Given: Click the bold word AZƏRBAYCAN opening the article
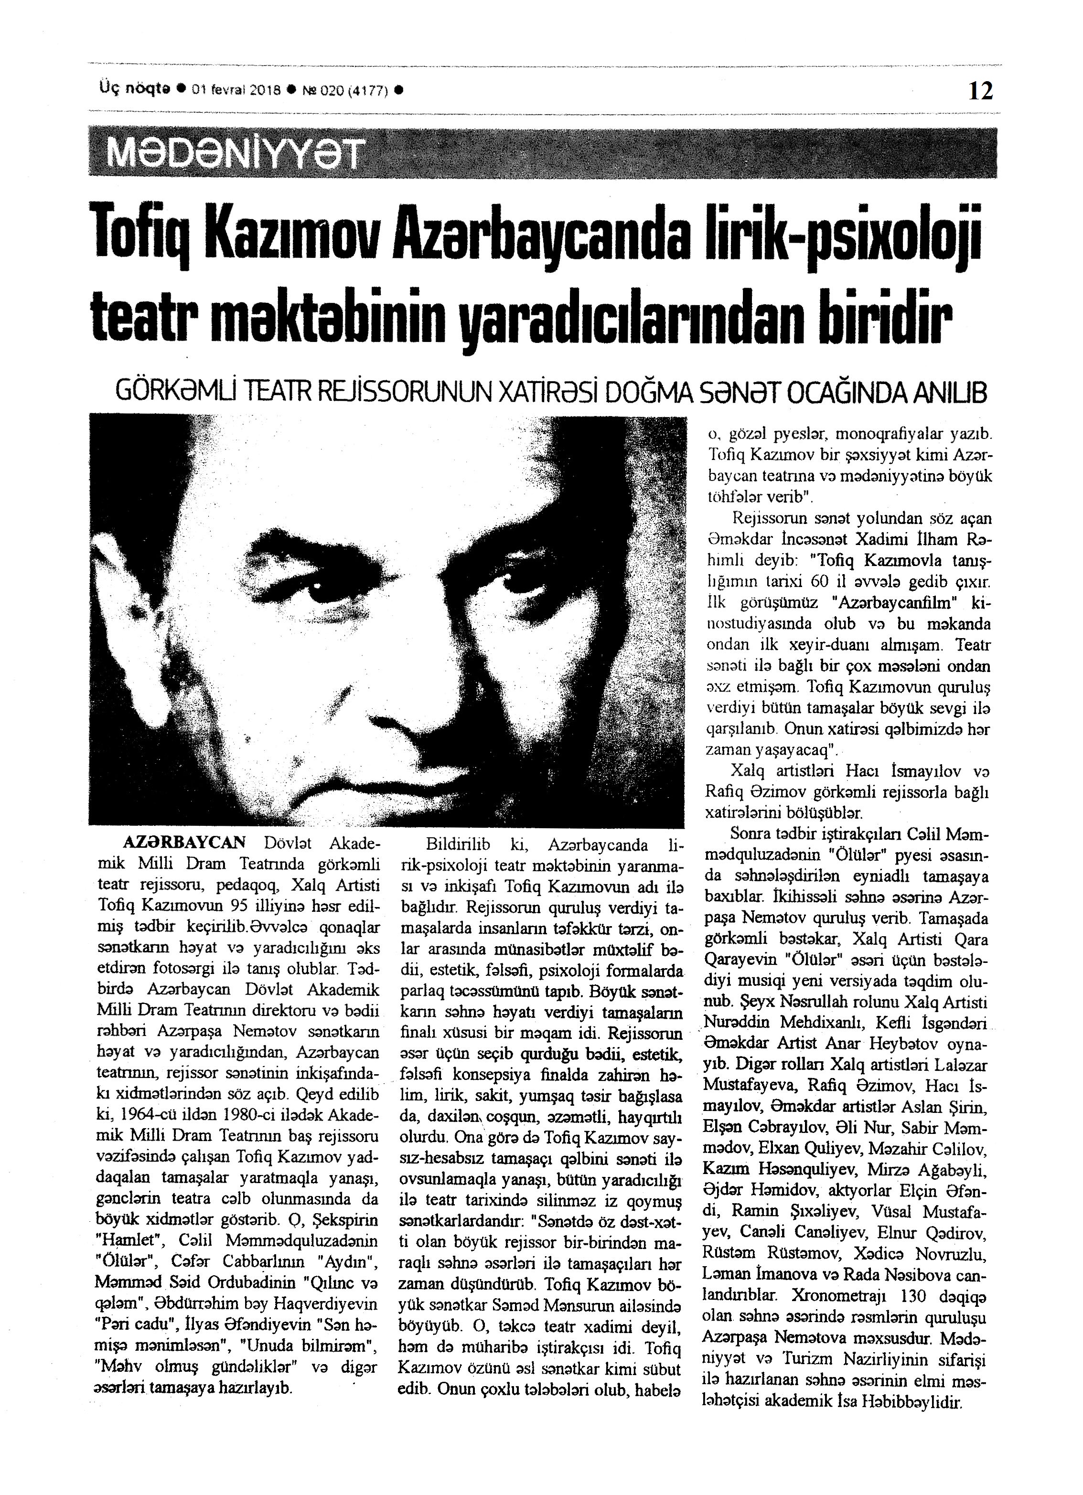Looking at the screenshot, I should pyautogui.click(x=184, y=843).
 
